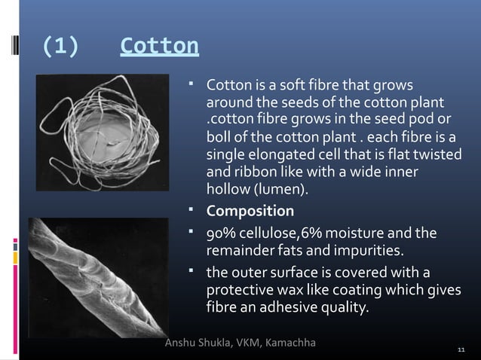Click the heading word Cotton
[159, 47]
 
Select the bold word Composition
[250, 210]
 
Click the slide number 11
[462, 350]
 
